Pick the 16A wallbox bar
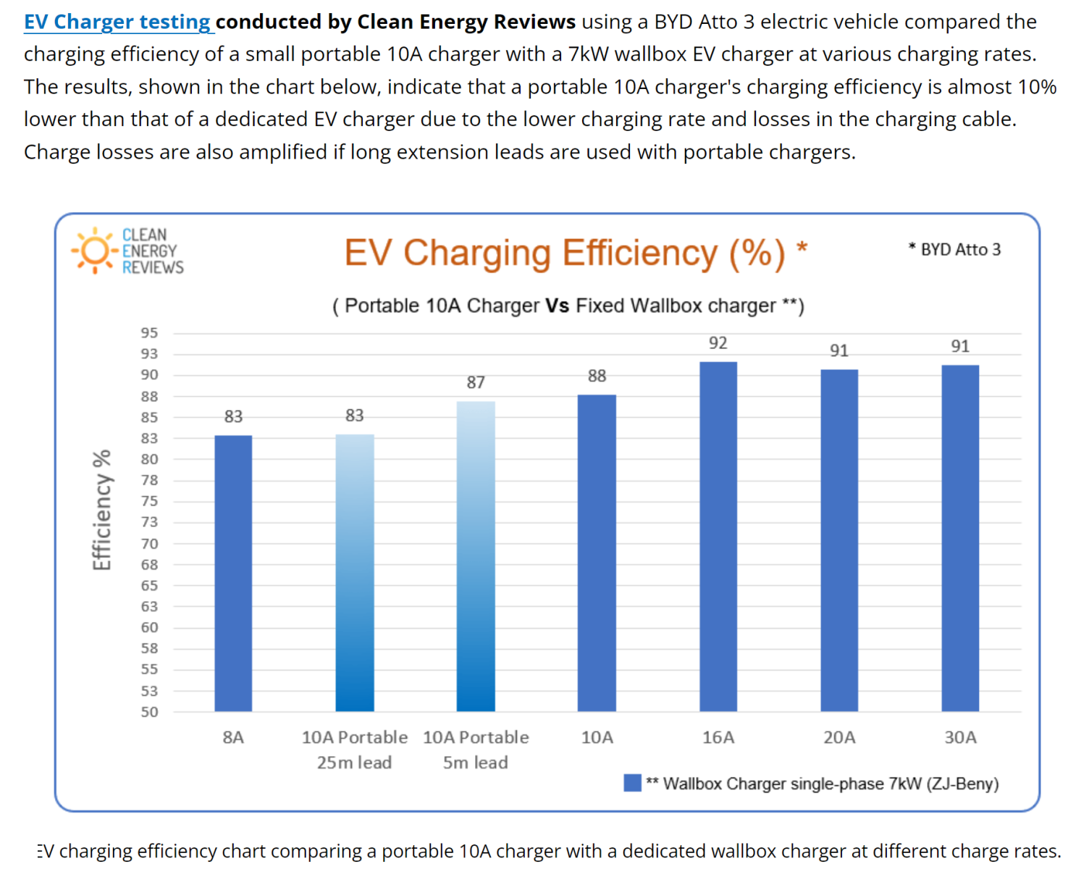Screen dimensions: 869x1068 coord(718,536)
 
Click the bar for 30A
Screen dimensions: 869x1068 coord(960,537)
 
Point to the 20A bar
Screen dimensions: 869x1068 coord(839,540)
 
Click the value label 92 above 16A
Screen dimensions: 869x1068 coord(718,343)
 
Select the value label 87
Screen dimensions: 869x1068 coord(476,382)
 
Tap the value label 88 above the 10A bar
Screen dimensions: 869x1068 coord(597,376)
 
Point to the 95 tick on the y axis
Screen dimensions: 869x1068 coord(149,333)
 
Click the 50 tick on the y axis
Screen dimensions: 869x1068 coord(149,712)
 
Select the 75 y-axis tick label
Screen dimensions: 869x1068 coord(149,501)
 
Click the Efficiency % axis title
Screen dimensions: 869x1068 coord(102,510)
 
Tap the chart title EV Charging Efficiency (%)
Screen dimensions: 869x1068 coord(565,253)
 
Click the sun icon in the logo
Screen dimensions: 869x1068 coord(95,251)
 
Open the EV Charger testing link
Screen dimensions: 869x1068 coord(117,22)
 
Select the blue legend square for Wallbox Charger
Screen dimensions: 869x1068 coord(632,783)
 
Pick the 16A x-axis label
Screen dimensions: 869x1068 coord(718,737)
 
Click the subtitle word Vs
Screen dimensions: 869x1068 coord(558,306)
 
